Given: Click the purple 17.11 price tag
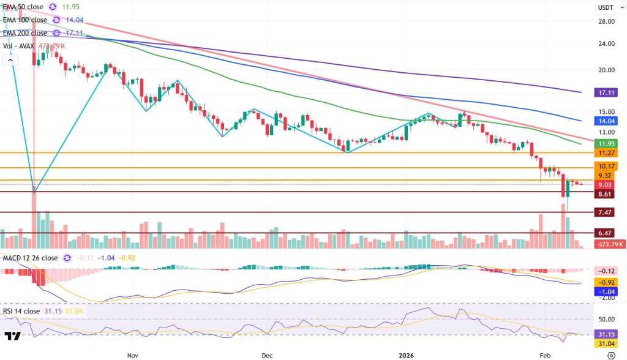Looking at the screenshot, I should pyautogui.click(x=609, y=92).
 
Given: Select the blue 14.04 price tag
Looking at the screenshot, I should pyautogui.click(x=609, y=121).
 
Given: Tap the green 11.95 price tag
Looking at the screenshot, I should pyautogui.click(x=609, y=143).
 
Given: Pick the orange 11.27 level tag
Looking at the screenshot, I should pyautogui.click(x=609, y=153).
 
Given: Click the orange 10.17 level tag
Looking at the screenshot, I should pyautogui.click(x=609, y=166).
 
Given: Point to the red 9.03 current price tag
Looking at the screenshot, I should pyautogui.click(x=609, y=185).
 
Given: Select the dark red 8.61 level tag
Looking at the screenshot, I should pyautogui.click(x=609, y=194).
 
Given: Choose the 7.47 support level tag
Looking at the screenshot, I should pyautogui.click(x=609, y=212).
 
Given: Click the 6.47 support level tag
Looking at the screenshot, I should pyautogui.click(x=609, y=233).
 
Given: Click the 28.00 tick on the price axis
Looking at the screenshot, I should pyautogui.click(x=607, y=21).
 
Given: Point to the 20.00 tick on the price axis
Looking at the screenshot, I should pyautogui.click(x=607, y=70).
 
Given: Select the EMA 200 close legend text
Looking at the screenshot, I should pyautogui.click(x=25, y=33).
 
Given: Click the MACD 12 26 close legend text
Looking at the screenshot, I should pyautogui.click(x=30, y=258).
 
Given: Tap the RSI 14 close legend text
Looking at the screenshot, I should pyautogui.click(x=23, y=311).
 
